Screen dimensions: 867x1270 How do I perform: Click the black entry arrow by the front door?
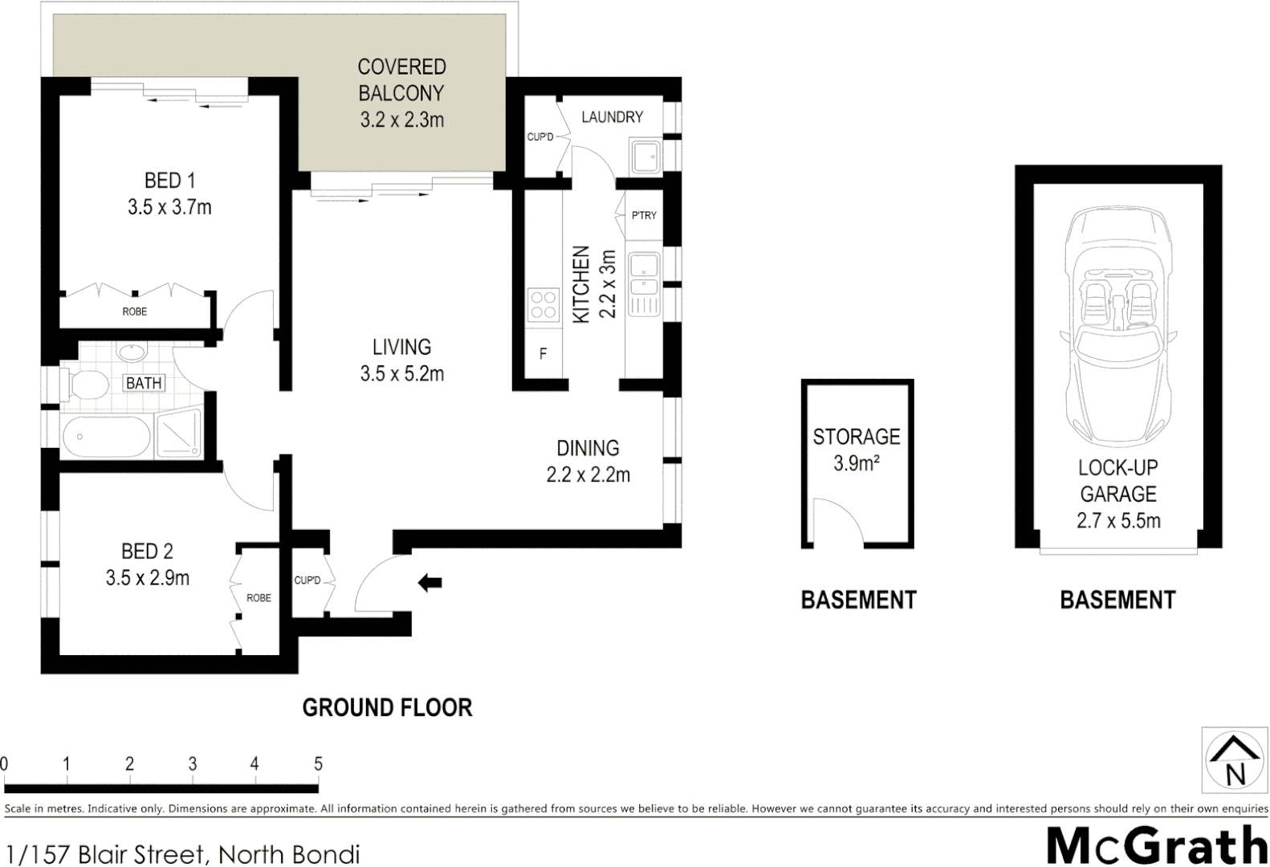430,583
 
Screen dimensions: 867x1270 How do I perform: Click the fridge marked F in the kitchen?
543,353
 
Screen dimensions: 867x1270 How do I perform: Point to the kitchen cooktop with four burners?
543,306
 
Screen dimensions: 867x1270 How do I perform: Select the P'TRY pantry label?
644,215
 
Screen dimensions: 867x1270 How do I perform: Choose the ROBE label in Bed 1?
135,311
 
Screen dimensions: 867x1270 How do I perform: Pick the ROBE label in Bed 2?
258,598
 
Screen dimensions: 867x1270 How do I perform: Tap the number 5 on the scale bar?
318,763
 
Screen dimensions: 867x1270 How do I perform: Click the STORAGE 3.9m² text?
857,450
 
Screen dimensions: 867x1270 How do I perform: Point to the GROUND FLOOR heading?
387,707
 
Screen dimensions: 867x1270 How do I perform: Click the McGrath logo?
1157,845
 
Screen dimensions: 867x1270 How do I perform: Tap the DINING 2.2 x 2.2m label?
588,461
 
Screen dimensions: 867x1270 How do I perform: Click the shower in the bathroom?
179,436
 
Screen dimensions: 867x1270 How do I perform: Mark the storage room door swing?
836,522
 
